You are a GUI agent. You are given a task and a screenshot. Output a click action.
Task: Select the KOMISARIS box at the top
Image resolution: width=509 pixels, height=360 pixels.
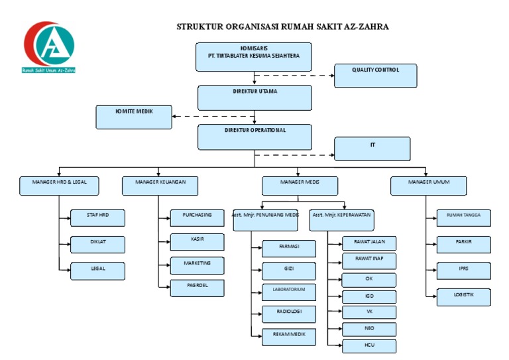[x=254, y=56]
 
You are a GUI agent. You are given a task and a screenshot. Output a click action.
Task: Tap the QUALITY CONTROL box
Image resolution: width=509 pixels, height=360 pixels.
[x=375, y=76]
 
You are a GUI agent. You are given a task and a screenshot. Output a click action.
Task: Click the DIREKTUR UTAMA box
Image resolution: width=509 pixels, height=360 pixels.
[x=254, y=97]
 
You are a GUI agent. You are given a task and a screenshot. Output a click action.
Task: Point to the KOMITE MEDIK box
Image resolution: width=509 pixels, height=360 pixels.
[x=134, y=117]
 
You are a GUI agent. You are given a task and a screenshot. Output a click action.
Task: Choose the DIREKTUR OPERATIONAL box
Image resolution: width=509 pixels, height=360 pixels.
[x=254, y=137]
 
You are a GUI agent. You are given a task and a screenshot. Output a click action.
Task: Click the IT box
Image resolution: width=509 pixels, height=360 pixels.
[x=372, y=149]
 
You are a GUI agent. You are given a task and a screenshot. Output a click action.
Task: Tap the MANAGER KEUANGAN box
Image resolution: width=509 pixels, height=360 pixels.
[x=160, y=186]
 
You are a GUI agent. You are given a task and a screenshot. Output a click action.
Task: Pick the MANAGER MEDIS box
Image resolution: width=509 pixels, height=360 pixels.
[x=300, y=186]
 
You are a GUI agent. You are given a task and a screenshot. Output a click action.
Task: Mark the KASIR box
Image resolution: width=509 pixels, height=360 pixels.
[x=197, y=241]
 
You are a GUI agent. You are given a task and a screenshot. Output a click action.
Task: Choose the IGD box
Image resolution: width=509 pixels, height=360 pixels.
[x=369, y=297]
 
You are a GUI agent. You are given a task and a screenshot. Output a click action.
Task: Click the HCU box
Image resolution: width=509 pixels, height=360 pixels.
[x=369, y=346]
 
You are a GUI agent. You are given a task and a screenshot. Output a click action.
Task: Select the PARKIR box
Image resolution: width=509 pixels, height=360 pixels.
[x=463, y=244]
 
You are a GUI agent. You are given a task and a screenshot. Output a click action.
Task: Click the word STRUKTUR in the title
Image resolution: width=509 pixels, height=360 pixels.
[x=201, y=27]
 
